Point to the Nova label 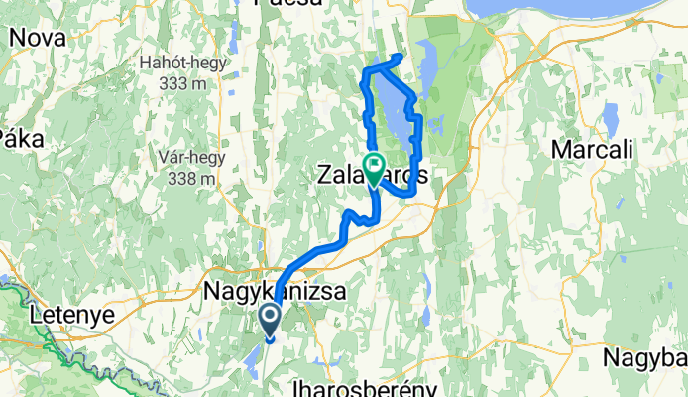pyautogui.click(x=38, y=39)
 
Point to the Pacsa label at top pyautogui.click(x=288, y=4)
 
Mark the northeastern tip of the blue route pyautogui.click(x=401, y=56)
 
